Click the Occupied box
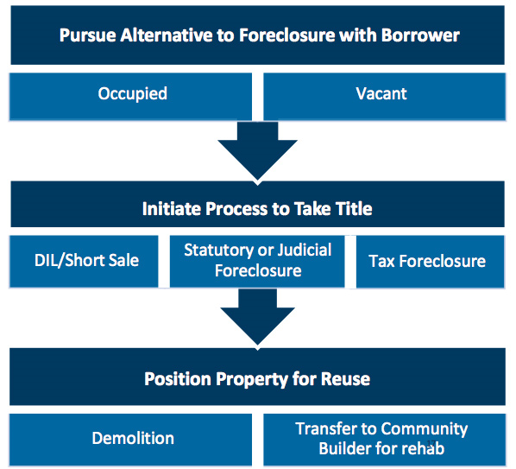[x=130, y=97]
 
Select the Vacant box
[x=384, y=97]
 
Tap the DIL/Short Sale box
[x=84, y=262]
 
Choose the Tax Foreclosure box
[x=430, y=262]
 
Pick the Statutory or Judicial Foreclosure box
[x=257, y=262]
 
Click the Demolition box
[x=130, y=440]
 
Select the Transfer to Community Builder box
[x=384, y=440]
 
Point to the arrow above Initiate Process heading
[x=258, y=151]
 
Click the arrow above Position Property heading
[x=258, y=317]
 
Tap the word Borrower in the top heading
[x=420, y=35]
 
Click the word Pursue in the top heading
[x=87, y=35]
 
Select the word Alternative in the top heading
[x=167, y=35]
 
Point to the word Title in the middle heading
[x=354, y=209]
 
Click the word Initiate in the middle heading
[x=172, y=209]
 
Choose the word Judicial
[x=305, y=250]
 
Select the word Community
[x=425, y=429]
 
